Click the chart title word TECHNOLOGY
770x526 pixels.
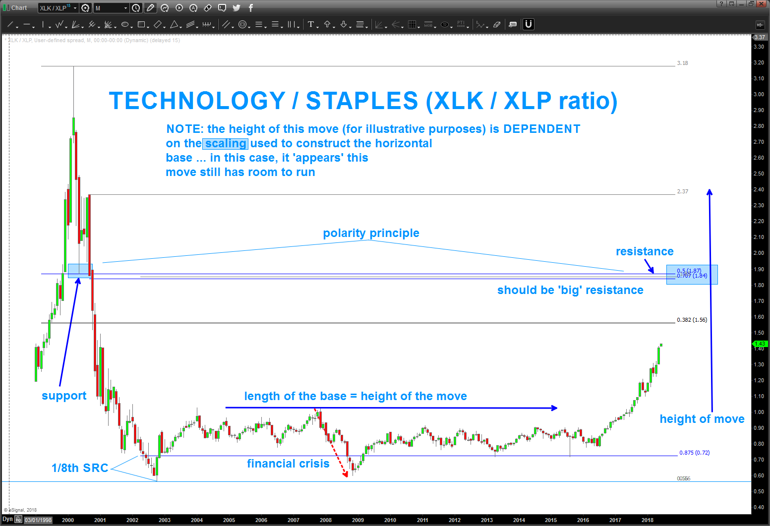pyautogui.click(x=197, y=101)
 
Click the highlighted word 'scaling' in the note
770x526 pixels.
pyautogui.click(x=226, y=144)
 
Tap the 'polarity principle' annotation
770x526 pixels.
pyautogui.click(x=371, y=233)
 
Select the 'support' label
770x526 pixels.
pyautogui.click(x=64, y=396)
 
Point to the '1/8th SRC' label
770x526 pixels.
pyautogui.click(x=80, y=468)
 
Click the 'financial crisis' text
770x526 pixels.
pyautogui.click(x=288, y=464)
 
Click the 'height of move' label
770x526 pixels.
pyautogui.click(x=702, y=419)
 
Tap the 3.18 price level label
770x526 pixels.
pyautogui.click(x=682, y=63)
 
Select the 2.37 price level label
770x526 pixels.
pyautogui.click(x=682, y=191)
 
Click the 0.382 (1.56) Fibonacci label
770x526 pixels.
pyautogui.click(x=692, y=320)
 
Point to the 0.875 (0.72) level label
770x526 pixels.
pyautogui.click(x=694, y=453)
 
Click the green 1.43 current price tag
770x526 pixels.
pyautogui.click(x=760, y=344)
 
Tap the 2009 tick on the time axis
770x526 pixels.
pyautogui.click(x=358, y=520)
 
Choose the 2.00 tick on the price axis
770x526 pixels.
pyautogui.click(x=759, y=253)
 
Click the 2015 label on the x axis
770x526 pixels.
pyautogui.click(x=551, y=520)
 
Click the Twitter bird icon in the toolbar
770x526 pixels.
pyautogui.click(x=237, y=8)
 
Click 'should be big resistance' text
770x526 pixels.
pyautogui.click(x=570, y=290)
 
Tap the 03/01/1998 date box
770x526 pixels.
pyautogui.click(x=38, y=520)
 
